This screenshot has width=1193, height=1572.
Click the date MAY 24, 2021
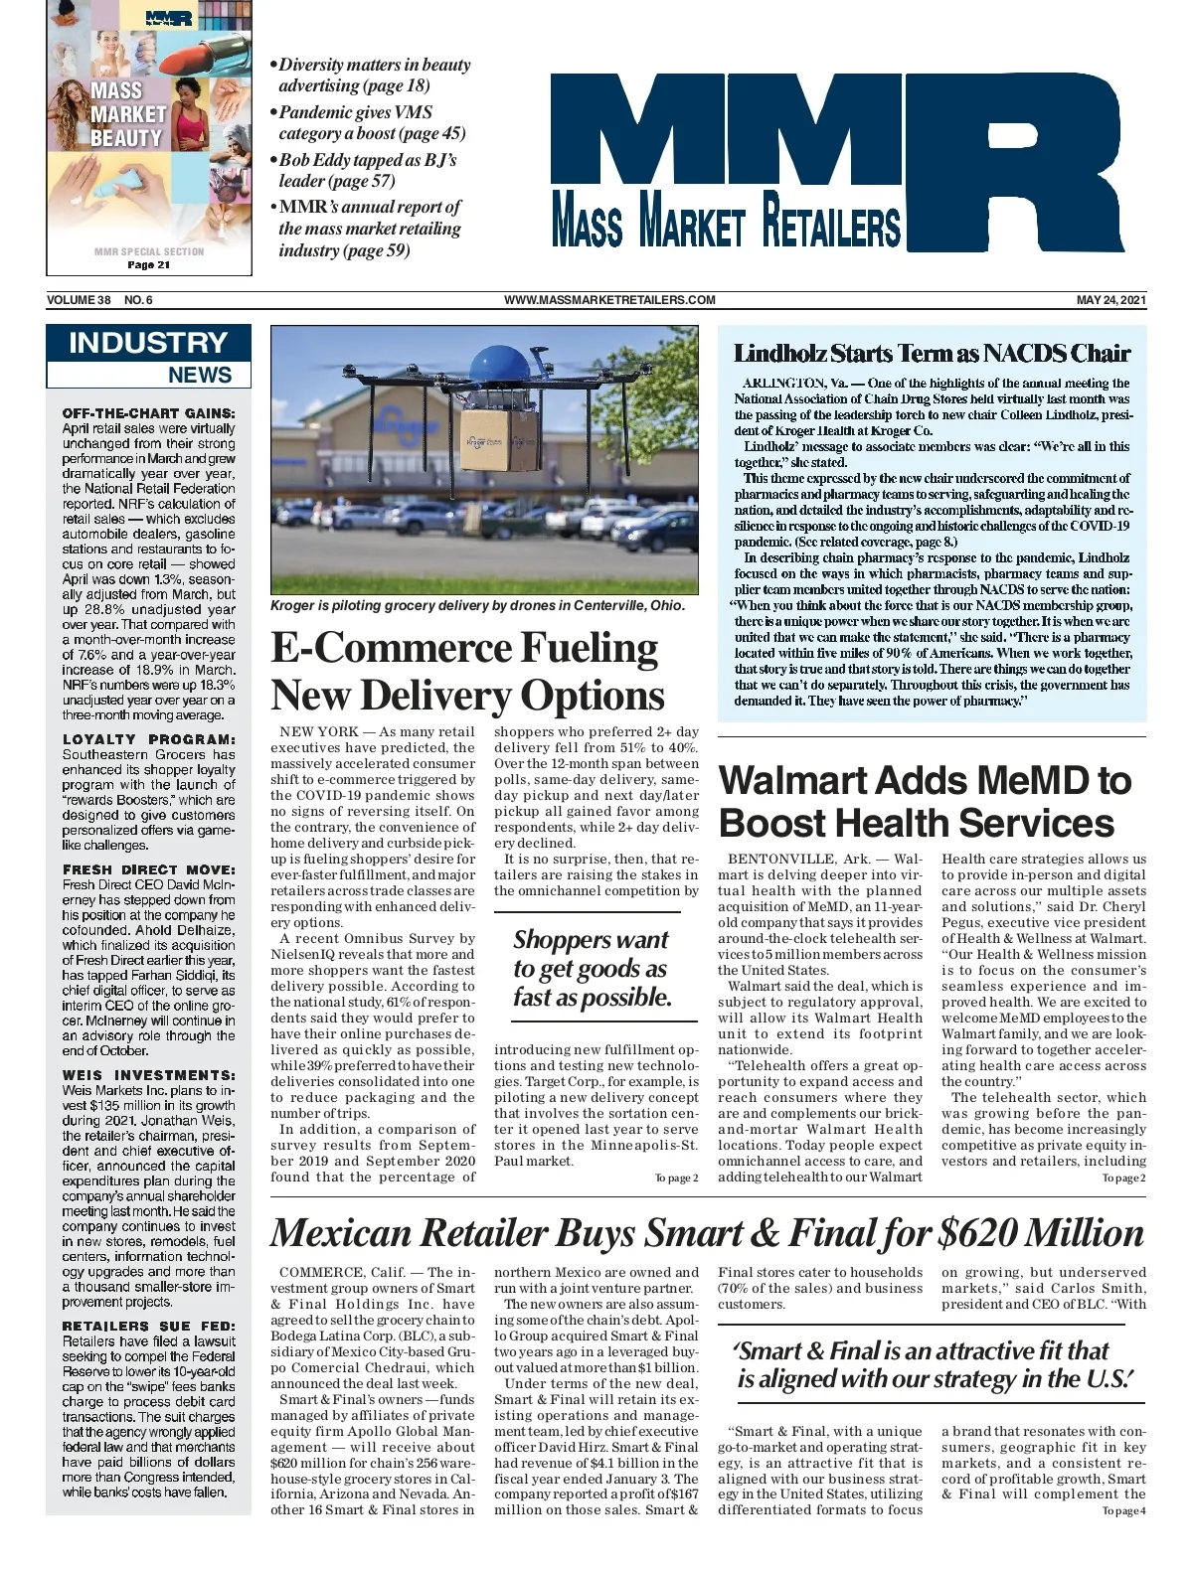1111,300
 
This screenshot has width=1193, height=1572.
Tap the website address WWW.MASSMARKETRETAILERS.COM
609,300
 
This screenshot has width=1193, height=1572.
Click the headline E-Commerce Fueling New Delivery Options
467,672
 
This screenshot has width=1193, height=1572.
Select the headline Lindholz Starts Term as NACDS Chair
932,354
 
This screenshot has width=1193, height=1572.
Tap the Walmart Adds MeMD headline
925,802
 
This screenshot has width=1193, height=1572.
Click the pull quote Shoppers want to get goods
593,968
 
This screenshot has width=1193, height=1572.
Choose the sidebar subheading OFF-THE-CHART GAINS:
149,413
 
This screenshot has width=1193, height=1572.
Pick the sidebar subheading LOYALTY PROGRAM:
149,739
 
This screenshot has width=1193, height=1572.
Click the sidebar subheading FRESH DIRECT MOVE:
149,869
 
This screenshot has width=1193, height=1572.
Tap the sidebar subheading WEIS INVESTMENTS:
149,1075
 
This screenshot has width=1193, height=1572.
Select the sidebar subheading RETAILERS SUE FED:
149,1326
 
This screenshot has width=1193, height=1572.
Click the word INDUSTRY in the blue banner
148,343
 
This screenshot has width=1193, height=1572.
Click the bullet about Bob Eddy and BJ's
368,170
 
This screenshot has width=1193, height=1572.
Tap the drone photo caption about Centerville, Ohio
477,605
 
